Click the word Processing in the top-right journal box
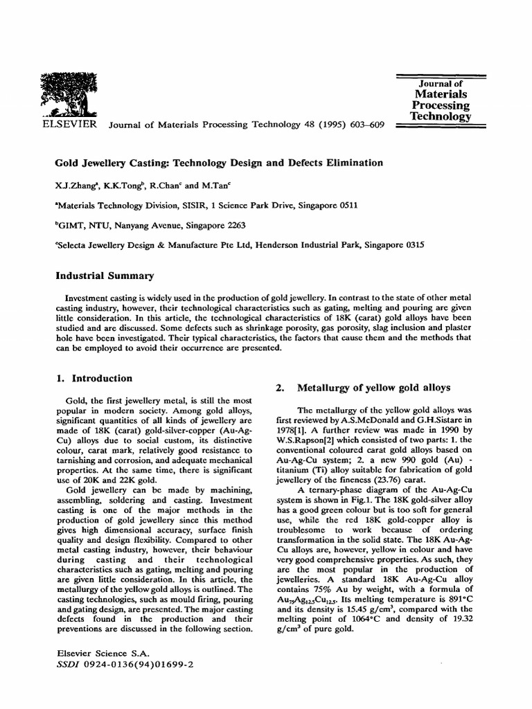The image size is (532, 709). point(441,105)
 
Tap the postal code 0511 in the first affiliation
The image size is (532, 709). point(346,206)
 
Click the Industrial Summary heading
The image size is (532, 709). point(104,276)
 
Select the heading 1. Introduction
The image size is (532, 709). point(94,378)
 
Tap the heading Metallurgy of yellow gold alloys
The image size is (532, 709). point(373,387)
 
